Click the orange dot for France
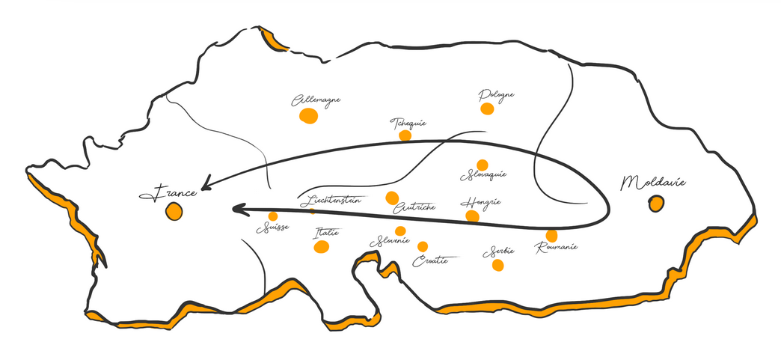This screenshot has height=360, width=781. click(x=174, y=211)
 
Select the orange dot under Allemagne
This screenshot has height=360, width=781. click(x=308, y=116)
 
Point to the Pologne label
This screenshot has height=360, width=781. click(x=496, y=95)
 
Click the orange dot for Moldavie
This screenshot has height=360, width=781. click(x=656, y=203)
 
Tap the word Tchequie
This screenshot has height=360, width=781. click(x=408, y=123)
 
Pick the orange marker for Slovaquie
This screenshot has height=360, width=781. click(x=483, y=165)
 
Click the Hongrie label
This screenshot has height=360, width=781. click(x=480, y=202)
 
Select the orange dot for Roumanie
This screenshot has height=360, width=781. click(x=551, y=236)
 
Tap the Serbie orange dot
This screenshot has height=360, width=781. click(x=498, y=265)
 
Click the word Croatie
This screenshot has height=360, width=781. click(x=430, y=260)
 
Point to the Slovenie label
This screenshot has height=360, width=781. click(x=390, y=242)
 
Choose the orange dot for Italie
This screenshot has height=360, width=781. click(x=322, y=247)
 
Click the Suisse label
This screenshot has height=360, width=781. click(x=272, y=229)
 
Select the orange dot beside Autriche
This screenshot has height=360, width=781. click(x=392, y=198)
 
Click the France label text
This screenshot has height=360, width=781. click(x=168, y=193)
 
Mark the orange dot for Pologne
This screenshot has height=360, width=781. click(x=487, y=109)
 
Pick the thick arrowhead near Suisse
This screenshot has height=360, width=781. click(x=239, y=209)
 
